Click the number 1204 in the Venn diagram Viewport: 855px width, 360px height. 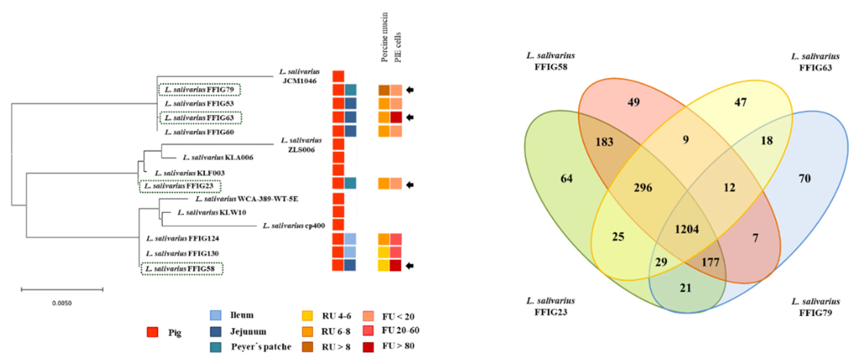click(x=687, y=229)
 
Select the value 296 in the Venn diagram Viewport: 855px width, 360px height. click(x=643, y=188)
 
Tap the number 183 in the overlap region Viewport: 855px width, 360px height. click(x=604, y=142)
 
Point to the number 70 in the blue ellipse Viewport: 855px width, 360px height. click(x=805, y=178)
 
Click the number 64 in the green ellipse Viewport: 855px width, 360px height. click(x=566, y=178)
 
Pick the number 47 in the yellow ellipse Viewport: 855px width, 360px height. click(x=740, y=102)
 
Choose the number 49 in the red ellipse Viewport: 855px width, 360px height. click(x=634, y=102)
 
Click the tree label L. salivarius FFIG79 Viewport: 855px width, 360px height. click(x=200, y=90)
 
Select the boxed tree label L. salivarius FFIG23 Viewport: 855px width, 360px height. click(x=180, y=186)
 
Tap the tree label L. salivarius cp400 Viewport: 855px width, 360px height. click(x=294, y=226)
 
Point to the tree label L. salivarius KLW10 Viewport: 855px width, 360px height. click(x=212, y=212)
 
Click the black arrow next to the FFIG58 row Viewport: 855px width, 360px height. click(x=410, y=265)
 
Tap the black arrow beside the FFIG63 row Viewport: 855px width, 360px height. click(x=410, y=117)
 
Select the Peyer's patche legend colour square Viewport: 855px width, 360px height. click(x=216, y=347)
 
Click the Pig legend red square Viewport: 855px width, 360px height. click(x=152, y=332)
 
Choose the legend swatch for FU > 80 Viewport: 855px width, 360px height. click(x=368, y=346)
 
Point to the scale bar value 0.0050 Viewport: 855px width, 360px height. click(x=62, y=303)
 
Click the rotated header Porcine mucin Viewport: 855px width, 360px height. click(x=384, y=37)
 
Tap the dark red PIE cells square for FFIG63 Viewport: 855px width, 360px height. click(x=396, y=117)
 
